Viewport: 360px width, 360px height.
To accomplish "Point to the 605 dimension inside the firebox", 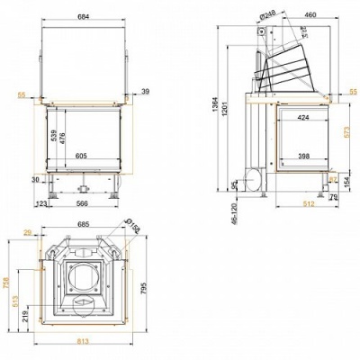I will pyautogui.click(x=80, y=156).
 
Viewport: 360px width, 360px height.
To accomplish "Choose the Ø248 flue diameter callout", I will pyautogui.click(x=267, y=14).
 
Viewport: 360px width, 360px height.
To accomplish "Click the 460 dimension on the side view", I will pyautogui.click(x=310, y=14).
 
